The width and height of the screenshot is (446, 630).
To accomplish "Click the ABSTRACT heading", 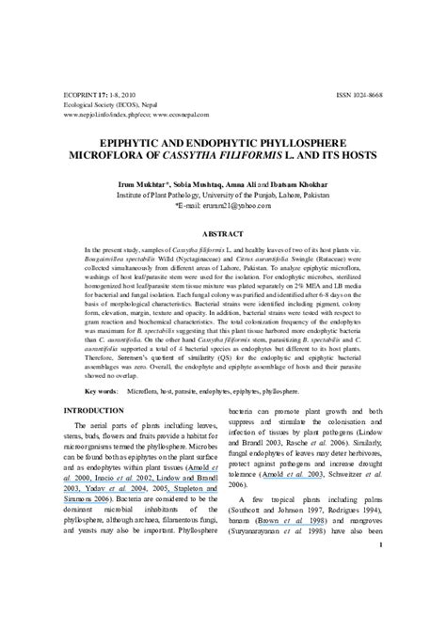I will [222, 229].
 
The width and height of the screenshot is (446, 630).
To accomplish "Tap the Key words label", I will [100, 389].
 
